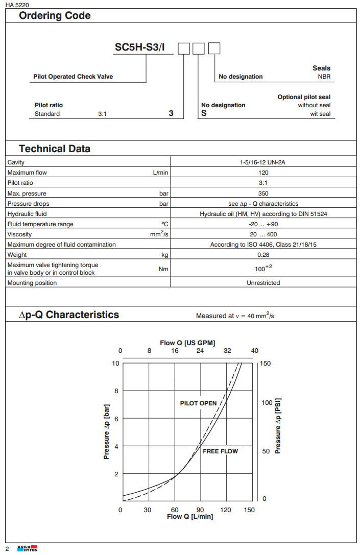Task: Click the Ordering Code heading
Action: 55,16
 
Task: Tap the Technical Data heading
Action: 55,149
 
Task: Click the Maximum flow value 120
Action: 263,173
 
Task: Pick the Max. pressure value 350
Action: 263,194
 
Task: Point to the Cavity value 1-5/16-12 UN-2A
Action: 263,162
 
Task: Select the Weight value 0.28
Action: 263,255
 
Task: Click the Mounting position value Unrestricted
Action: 263,283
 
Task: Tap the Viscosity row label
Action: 19,234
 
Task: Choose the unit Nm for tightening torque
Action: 163,269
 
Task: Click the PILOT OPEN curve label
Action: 198,403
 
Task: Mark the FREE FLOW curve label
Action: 220,451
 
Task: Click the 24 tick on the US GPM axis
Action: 200,351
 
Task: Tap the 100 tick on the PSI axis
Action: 267,403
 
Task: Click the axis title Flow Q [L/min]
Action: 190,517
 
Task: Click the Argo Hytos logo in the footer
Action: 27,548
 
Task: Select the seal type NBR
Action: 324,77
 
